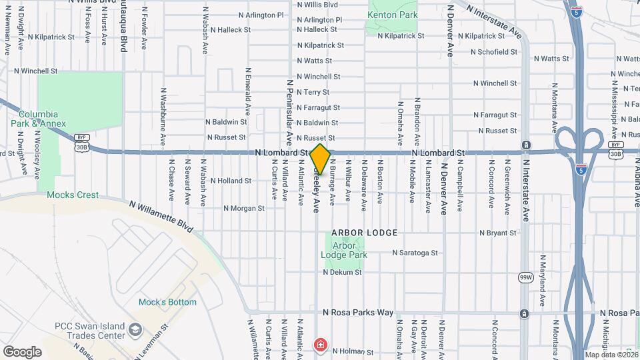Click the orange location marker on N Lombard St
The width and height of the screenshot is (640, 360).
[321, 159]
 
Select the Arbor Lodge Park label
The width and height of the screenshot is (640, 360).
[344, 250]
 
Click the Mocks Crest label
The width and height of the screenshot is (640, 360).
[73, 195]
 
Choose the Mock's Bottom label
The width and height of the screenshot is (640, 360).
[167, 302]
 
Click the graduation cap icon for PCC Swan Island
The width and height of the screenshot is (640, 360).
[135, 329]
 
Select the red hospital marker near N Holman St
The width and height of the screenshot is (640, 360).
[321, 345]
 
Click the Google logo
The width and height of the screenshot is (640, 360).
[22, 351]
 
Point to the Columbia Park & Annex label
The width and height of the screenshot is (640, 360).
[38, 119]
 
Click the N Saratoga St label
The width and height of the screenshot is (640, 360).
[415, 253]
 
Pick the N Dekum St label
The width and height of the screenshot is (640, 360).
[342, 272]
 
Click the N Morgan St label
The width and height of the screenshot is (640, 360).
[244, 208]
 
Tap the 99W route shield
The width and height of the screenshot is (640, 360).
[525, 276]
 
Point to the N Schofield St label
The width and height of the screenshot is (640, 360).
[493, 51]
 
